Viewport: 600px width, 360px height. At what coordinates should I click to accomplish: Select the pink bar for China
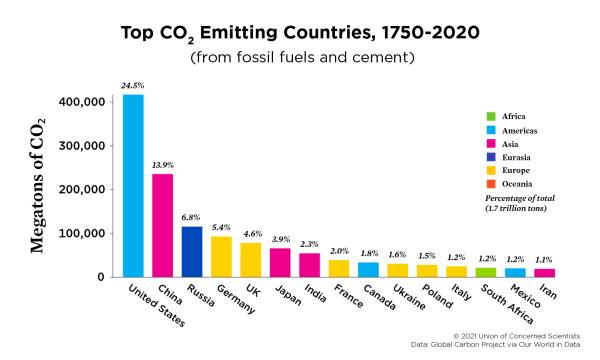pos(162,225)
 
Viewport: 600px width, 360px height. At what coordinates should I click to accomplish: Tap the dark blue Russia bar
pos(192,251)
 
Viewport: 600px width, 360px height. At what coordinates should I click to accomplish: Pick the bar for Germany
pos(221,256)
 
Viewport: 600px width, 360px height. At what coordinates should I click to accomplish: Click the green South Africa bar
pos(486,272)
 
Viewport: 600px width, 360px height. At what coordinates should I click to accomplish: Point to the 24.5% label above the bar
pos(132,86)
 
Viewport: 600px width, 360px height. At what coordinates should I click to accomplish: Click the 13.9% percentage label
pos(162,164)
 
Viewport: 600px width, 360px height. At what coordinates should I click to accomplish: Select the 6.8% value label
pos(192,217)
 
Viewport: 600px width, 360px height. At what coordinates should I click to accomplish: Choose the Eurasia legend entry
pos(514,156)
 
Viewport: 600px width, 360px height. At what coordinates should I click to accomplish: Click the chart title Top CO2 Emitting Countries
pos(299,32)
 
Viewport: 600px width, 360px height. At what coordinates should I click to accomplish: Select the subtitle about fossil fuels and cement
pos(299,56)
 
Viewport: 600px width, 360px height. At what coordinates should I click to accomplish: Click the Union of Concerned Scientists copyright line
pos(515,335)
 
